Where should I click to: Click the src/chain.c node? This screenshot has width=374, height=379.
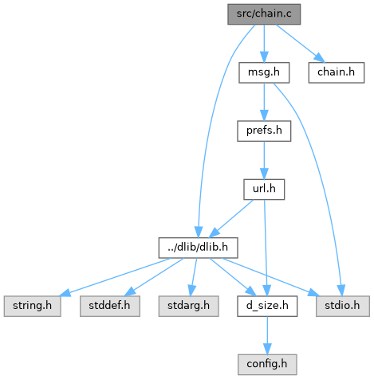(x=264, y=14)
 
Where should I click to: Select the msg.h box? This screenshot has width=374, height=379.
(x=264, y=72)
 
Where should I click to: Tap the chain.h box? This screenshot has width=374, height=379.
(x=337, y=72)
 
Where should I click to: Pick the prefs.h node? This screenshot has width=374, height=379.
(x=264, y=131)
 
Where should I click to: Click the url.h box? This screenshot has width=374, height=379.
(x=264, y=189)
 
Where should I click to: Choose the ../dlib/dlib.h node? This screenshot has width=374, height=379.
(x=198, y=248)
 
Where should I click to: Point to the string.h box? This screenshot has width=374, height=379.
(x=32, y=306)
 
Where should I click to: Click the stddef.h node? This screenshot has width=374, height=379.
(x=110, y=306)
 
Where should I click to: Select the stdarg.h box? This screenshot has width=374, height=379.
(x=188, y=306)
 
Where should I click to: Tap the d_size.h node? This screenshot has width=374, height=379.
(x=267, y=306)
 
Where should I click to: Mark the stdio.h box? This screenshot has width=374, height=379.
(x=343, y=306)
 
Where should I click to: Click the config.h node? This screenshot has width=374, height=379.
(x=267, y=365)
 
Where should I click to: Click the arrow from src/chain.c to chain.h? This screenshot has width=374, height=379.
(x=301, y=42)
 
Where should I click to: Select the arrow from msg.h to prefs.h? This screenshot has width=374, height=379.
(x=264, y=102)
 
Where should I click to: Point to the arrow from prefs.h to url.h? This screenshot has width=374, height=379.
(x=264, y=160)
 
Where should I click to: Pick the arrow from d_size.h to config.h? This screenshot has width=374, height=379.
(x=267, y=335)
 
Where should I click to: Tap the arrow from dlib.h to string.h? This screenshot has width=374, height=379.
(x=115, y=277)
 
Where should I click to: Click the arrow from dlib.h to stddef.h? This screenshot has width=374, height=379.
(x=154, y=277)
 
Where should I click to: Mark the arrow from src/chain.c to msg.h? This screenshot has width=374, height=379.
(x=264, y=44)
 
